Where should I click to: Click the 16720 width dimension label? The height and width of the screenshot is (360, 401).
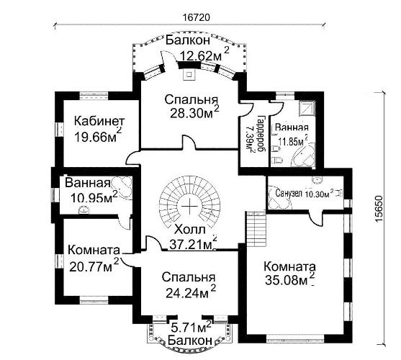point(197,17)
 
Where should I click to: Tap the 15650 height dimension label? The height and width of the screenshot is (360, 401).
point(379,209)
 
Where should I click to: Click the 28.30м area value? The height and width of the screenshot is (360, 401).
point(192,113)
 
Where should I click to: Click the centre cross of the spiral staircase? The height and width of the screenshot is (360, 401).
point(190,206)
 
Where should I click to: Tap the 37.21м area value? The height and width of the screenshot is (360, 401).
point(191,244)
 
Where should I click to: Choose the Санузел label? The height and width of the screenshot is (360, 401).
point(289,193)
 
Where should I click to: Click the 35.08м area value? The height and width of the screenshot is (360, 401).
point(286,281)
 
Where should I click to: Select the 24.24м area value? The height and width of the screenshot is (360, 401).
point(186,293)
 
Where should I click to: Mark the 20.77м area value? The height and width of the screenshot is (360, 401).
point(91,267)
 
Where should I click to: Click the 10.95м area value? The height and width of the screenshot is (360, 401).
point(91,197)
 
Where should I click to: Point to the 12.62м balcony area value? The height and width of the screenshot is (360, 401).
point(202,56)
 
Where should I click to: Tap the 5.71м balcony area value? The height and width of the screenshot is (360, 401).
point(188,328)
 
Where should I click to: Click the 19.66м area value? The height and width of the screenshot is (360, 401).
point(96,138)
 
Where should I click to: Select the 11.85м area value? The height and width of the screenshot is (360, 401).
point(292,141)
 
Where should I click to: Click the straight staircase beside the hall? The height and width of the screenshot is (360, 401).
point(256,229)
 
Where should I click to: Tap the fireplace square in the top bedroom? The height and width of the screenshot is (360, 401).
point(189,74)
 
